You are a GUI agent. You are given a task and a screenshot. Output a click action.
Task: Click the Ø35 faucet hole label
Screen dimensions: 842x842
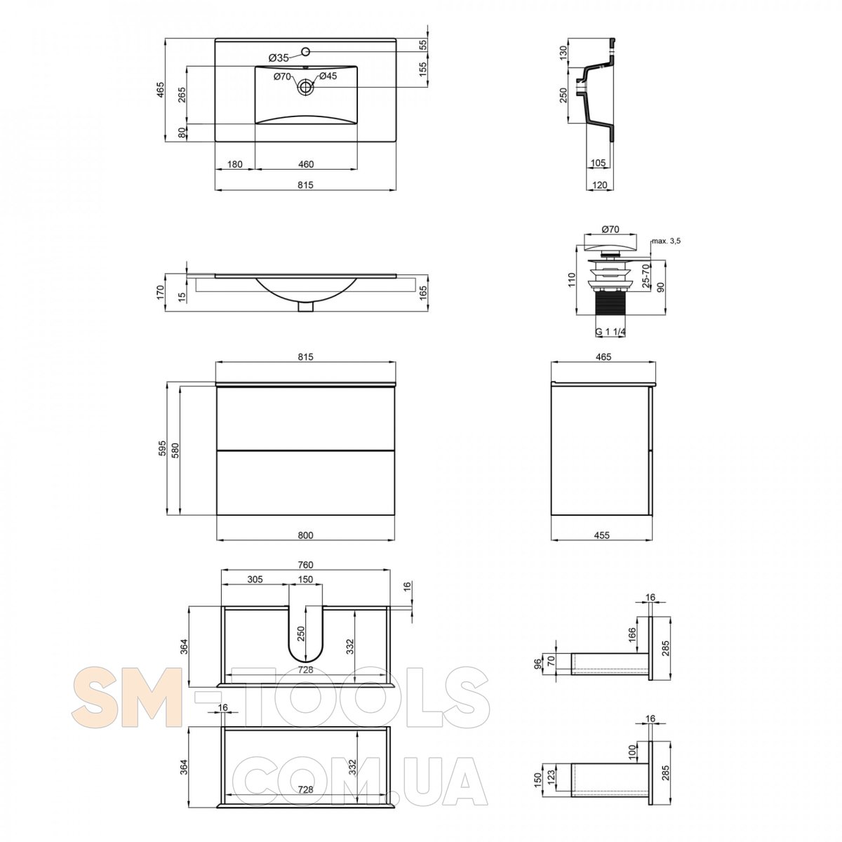279,58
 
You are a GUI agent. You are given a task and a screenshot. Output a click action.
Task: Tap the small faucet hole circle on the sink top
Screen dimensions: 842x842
305,52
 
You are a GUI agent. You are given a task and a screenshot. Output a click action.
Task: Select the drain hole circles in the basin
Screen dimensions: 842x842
305,87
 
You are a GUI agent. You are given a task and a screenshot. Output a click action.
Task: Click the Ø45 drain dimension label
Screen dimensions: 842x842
328,76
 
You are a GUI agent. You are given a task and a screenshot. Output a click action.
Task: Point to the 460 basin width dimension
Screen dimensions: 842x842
306,164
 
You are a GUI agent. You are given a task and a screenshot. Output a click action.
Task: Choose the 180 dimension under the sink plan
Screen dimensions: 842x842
234,164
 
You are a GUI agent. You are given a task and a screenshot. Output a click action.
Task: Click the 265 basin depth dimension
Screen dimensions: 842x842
182,95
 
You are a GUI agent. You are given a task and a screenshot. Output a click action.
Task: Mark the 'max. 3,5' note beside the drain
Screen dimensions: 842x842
667,241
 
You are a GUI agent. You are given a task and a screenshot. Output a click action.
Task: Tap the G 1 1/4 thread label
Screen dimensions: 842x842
610,332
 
